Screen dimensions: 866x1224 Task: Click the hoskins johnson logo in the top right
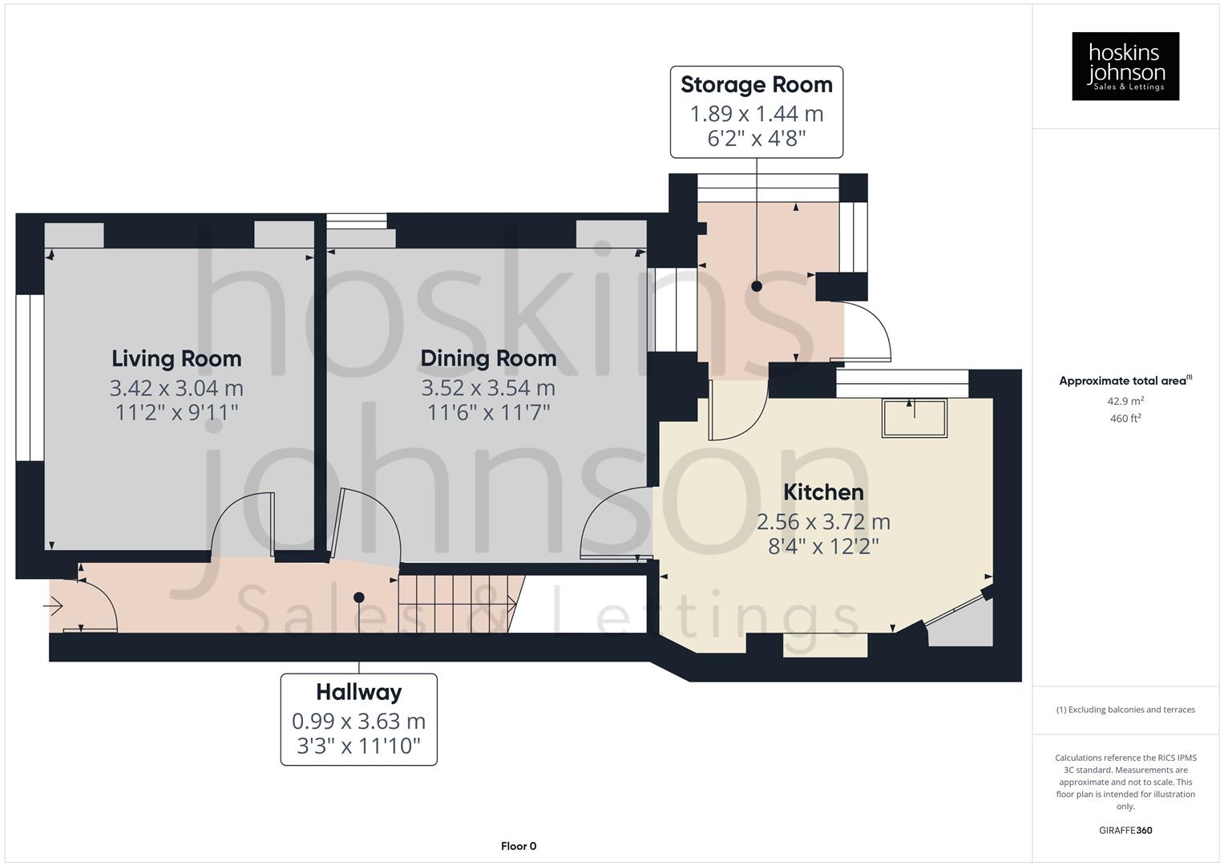(1125, 67)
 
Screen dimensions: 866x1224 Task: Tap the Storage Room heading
(756, 85)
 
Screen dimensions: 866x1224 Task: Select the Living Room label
(176, 358)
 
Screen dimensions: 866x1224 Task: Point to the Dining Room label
(488, 358)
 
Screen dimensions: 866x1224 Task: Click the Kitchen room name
(823, 492)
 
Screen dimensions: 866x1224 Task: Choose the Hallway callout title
(358, 692)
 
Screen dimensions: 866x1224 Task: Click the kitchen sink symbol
(914, 418)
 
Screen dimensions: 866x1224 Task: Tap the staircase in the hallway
(457, 603)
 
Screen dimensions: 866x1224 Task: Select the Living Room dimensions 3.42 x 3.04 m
(176, 388)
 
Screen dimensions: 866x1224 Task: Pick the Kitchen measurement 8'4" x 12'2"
(823, 547)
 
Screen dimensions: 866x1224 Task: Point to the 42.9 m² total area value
(1125, 401)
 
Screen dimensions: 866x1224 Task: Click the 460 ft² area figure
(1125, 419)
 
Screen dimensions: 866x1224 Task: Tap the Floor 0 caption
(518, 846)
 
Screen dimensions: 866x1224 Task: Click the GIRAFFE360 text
(1125, 831)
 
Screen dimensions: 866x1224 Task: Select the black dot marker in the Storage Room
(756, 286)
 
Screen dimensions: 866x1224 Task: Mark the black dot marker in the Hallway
(358, 597)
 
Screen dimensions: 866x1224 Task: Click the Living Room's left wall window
(30, 378)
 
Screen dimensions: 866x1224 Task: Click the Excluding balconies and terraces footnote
(1125, 710)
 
